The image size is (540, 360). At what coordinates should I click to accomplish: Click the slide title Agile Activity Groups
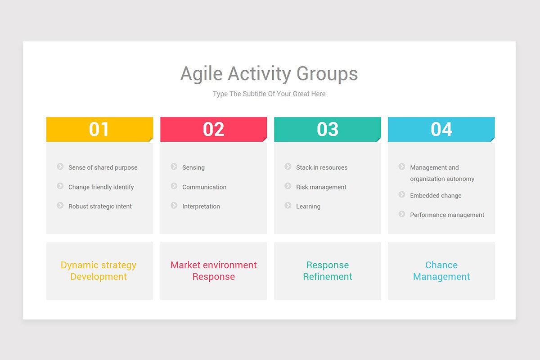click(269, 74)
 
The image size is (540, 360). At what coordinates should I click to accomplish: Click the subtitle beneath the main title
click(269, 94)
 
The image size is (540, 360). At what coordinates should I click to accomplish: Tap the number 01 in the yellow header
click(99, 130)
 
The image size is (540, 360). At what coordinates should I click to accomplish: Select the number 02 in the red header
click(213, 130)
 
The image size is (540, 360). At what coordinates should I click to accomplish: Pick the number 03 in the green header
click(327, 130)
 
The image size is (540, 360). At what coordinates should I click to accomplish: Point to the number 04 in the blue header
click(441, 130)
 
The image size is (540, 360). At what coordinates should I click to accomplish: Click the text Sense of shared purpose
click(103, 167)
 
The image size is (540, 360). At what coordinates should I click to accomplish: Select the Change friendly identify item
click(101, 187)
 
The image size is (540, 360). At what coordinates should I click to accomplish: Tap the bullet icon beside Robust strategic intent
click(60, 206)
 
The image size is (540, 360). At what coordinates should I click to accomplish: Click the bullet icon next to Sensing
click(174, 166)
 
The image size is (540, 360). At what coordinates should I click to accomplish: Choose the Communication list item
click(204, 187)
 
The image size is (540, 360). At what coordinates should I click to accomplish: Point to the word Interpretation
click(201, 207)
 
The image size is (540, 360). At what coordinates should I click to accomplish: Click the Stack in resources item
click(321, 167)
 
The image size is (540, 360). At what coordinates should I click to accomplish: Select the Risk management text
click(321, 187)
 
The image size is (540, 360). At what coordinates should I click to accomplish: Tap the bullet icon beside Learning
click(288, 206)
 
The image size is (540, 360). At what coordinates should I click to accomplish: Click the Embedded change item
click(435, 196)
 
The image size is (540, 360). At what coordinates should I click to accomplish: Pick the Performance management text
click(447, 215)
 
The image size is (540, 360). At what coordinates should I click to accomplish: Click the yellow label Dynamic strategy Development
click(99, 271)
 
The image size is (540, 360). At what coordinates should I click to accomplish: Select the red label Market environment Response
click(213, 271)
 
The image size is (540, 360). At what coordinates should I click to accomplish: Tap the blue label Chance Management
click(441, 271)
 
